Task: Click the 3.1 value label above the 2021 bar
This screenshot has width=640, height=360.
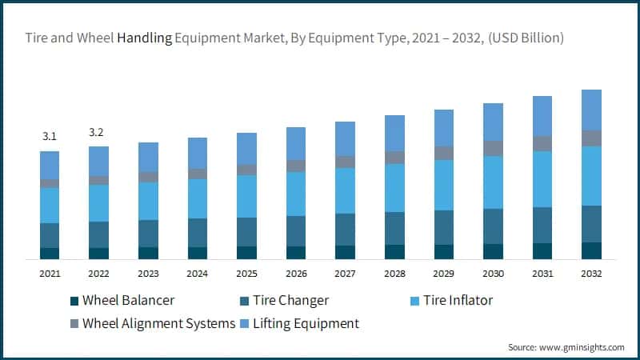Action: pos(50,137)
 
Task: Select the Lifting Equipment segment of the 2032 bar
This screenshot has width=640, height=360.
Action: pos(591,110)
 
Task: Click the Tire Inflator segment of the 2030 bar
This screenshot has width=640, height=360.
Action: pos(494,182)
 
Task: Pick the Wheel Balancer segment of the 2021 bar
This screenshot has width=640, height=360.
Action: pos(50,254)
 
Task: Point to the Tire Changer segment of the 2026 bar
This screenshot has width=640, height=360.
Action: pos(296,231)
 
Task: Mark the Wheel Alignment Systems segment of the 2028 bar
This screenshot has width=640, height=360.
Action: pos(394,158)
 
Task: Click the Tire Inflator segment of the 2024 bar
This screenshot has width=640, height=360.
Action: pos(198,198)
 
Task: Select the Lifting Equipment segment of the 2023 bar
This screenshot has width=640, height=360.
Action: pos(148,157)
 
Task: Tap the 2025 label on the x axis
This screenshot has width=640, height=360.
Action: pos(246,274)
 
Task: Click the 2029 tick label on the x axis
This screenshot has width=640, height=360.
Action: pos(444,274)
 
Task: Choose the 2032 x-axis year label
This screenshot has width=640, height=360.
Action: pos(591,274)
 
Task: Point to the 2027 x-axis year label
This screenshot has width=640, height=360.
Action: pos(346,274)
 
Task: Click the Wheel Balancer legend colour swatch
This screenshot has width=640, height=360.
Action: pos(75,301)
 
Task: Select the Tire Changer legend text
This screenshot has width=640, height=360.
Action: pos(290,301)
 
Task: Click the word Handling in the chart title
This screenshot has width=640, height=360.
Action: pos(145,38)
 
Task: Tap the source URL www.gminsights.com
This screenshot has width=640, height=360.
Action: pos(583,346)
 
